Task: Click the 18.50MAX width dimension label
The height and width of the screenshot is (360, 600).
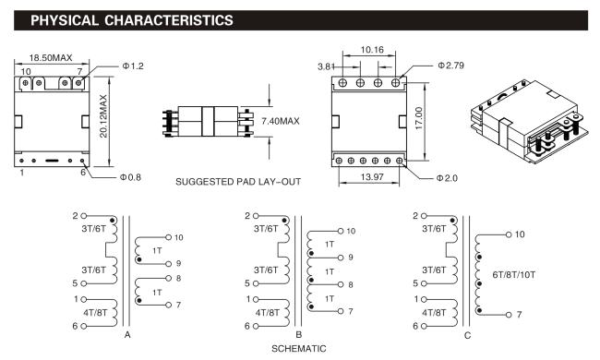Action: coord(51,58)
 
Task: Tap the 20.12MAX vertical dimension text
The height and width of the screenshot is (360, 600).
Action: coord(103,116)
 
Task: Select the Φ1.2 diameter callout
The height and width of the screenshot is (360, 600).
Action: coord(133,66)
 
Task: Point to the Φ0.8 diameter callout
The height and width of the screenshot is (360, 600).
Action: coord(130,177)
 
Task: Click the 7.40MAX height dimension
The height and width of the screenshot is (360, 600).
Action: coord(281,121)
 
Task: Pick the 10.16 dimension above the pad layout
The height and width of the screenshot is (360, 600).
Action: coord(372,50)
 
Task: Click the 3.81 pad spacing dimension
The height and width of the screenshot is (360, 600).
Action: coord(326,66)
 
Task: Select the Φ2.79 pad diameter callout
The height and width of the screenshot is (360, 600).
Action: coord(450,66)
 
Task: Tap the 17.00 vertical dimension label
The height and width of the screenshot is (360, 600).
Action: coord(419,118)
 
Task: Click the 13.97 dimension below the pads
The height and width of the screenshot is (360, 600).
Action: coord(372,176)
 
